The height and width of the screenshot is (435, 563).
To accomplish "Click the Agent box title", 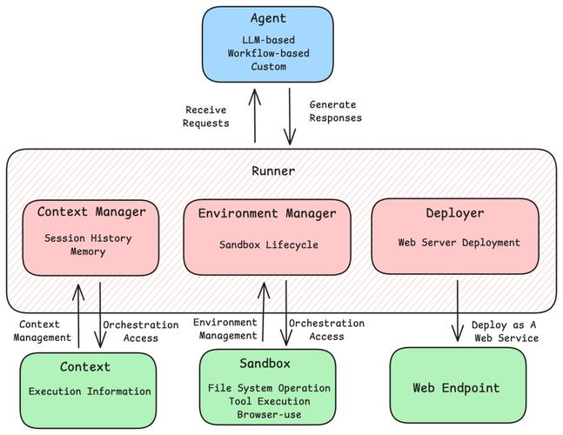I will coord(268,19).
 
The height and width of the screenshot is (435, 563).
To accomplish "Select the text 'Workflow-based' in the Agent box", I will coord(268,53).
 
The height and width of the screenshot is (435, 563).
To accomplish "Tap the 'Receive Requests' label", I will coord(206,117).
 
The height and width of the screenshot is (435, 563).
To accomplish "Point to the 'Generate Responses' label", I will coord(335,111).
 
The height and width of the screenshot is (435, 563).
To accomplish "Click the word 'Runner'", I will coord(273,171).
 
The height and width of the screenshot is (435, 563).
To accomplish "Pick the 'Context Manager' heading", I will coord(91,212).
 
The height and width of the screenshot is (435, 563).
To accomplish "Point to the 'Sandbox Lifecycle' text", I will coord(268,245).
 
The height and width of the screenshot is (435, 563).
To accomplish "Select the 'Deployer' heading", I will coord(454,213).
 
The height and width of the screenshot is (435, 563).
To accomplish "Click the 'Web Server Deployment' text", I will coord(459,243).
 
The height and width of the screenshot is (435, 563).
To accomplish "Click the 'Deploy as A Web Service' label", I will coord(505,331).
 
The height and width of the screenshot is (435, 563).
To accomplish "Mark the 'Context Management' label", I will coord(43,331).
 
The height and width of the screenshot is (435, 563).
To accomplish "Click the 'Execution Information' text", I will coord(90,391).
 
